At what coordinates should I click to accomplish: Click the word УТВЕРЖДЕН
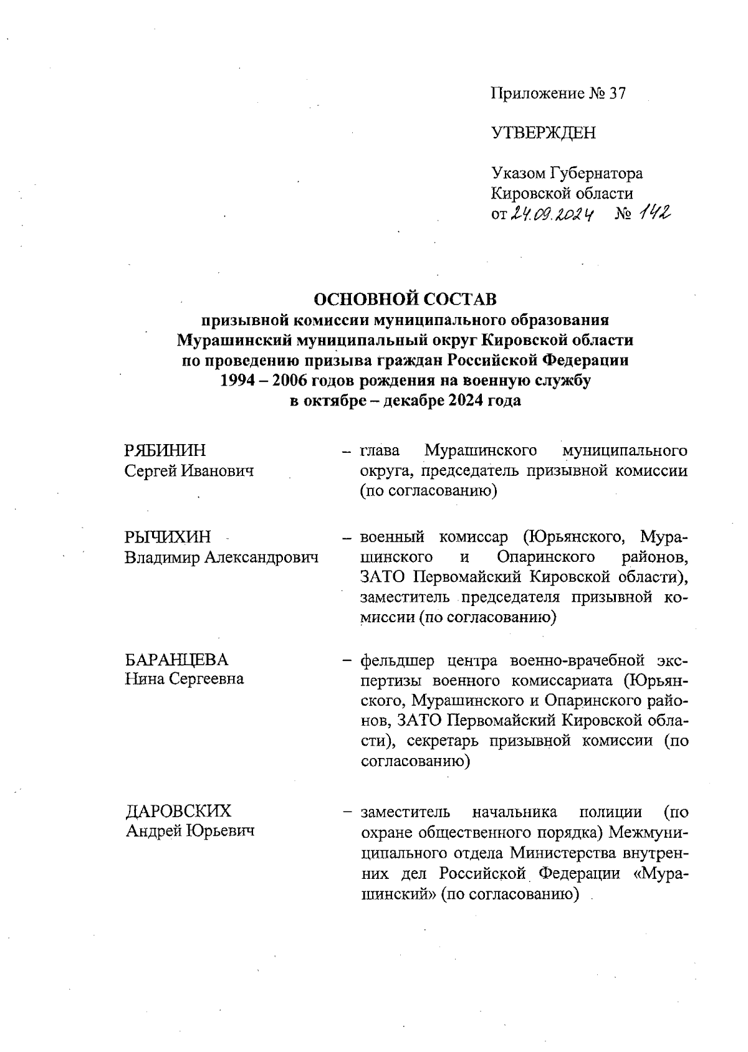(543, 133)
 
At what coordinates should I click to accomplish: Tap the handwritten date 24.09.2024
(552, 215)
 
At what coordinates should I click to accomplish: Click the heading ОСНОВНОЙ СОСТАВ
(405, 300)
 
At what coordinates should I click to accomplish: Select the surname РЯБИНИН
(165, 450)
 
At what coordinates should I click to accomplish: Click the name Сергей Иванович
(189, 471)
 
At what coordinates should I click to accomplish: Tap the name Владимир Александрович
(221, 557)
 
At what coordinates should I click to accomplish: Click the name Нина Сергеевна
(184, 679)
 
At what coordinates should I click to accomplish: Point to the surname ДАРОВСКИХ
(178, 811)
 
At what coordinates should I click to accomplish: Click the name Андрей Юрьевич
(190, 831)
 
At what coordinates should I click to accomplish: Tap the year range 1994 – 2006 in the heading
(266, 381)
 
